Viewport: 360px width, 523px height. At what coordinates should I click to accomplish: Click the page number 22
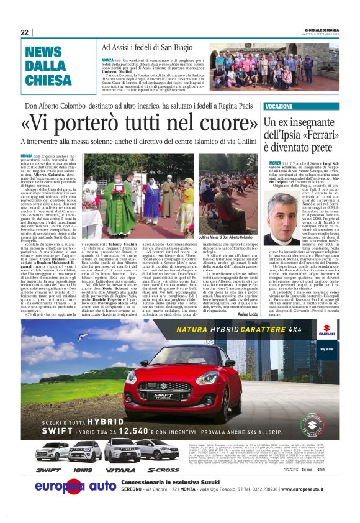[x=24, y=32]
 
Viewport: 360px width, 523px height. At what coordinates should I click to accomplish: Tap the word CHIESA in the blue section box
[x=48, y=80]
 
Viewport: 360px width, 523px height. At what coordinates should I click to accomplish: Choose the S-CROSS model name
[x=163, y=470]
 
